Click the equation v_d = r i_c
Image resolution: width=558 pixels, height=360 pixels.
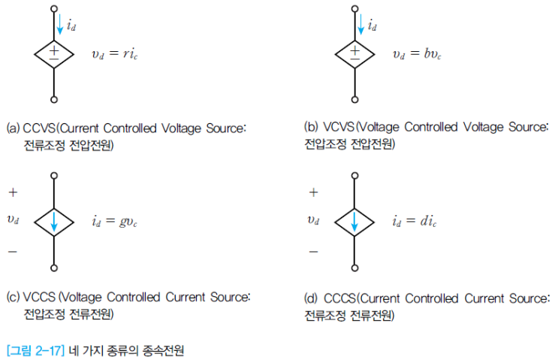click(115, 54)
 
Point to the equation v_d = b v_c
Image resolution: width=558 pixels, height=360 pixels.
click(417, 54)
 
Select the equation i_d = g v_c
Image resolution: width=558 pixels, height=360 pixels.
click(114, 222)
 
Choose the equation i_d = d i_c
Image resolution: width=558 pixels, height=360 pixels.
click(415, 222)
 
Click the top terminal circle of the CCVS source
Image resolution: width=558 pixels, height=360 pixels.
click(54, 8)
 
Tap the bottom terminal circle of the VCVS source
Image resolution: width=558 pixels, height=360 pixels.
click(354, 100)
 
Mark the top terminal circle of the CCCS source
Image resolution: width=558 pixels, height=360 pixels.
click(354, 176)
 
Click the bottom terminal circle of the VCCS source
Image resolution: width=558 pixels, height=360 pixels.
click(54, 268)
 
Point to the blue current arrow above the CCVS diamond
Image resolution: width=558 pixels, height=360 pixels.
click(60, 24)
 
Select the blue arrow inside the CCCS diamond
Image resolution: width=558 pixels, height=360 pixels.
click(354, 222)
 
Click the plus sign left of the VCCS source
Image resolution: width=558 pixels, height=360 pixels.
click(13, 192)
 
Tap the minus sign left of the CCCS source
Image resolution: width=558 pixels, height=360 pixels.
click(313, 252)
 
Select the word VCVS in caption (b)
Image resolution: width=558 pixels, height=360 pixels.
click(339, 127)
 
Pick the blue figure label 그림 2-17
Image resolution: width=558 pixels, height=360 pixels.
click(35, 351)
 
